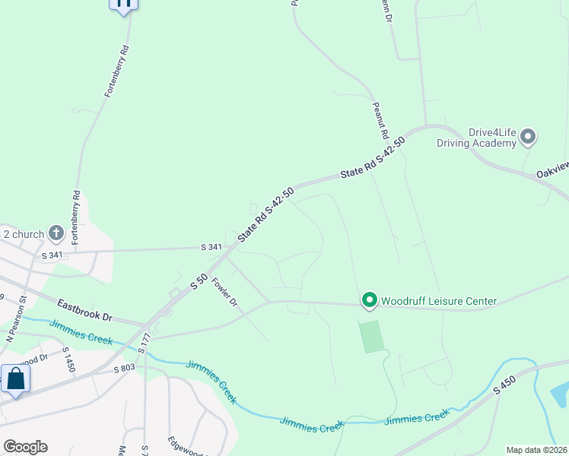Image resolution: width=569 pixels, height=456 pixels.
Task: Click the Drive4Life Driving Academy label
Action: click(476, 138)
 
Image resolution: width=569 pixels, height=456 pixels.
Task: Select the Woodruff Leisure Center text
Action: click(439, 302)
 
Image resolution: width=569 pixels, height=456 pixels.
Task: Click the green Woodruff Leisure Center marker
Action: click(369, 301)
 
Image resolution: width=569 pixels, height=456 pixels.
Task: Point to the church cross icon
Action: click(56, 233)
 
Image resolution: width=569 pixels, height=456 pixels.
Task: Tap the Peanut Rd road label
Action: click(380, 120)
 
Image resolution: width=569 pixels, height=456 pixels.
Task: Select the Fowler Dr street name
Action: click(225, 292)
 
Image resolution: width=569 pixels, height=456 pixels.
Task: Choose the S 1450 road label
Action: click(68, 359)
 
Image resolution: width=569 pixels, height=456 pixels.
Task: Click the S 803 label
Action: click(124, 369)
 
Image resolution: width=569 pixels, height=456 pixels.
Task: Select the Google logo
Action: click(25, 447)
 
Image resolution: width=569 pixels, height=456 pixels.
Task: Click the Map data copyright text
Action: click(536, 450)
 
